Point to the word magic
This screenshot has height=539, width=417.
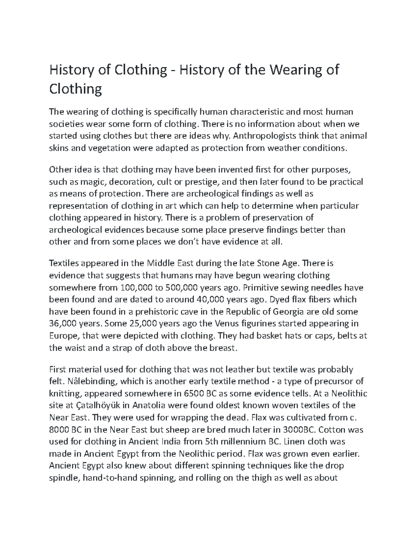(89, 182)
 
